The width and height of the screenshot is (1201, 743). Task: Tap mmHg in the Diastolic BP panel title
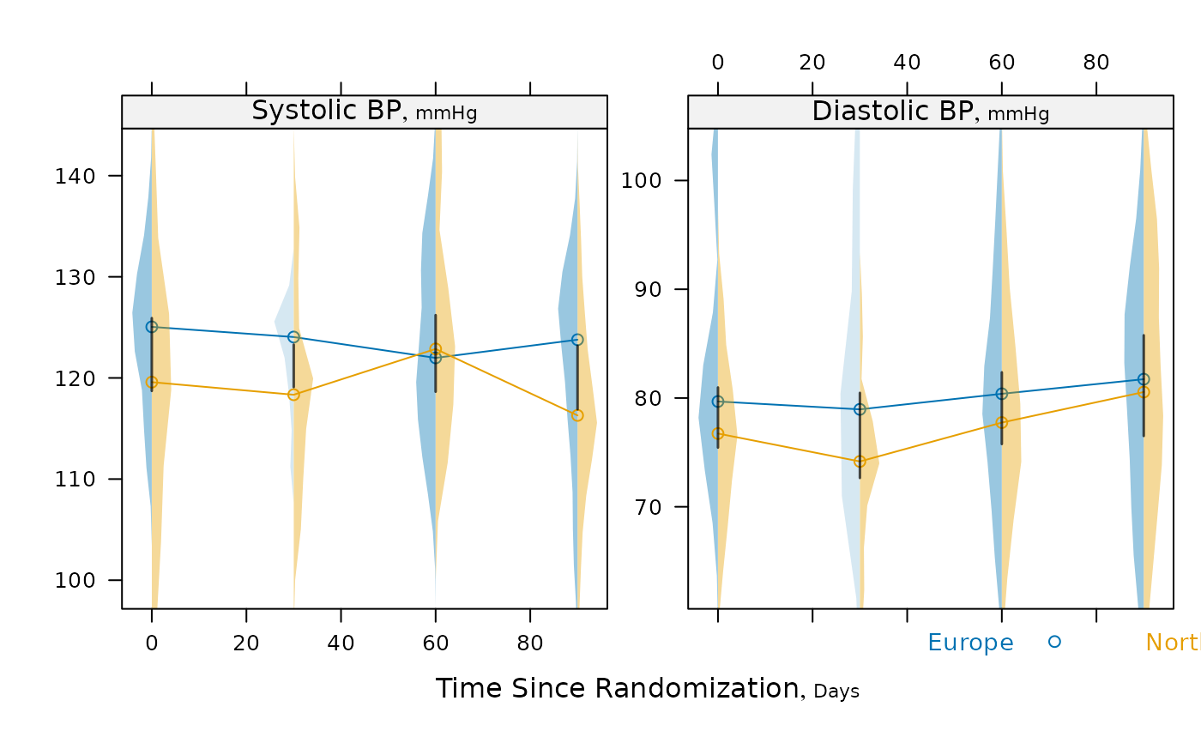[1018, 113]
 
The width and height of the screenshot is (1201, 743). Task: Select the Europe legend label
[970, 643]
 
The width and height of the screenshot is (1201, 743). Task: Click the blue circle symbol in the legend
[1054, 641]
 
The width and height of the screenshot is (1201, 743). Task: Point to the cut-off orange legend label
[1173, 643]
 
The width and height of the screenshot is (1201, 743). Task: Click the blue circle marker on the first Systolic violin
[154, 326]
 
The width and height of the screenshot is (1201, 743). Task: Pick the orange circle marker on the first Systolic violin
[151, 382]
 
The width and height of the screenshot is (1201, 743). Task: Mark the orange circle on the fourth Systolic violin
[576, 415]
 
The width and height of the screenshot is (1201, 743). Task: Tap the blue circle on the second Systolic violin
[295, 336]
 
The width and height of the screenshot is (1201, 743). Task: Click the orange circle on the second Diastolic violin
[858, 462]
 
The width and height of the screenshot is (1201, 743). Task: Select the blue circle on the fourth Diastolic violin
[1144, 378]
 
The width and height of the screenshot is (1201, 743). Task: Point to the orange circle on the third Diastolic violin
[999, 423]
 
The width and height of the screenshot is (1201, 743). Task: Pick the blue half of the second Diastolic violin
[849, 429]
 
